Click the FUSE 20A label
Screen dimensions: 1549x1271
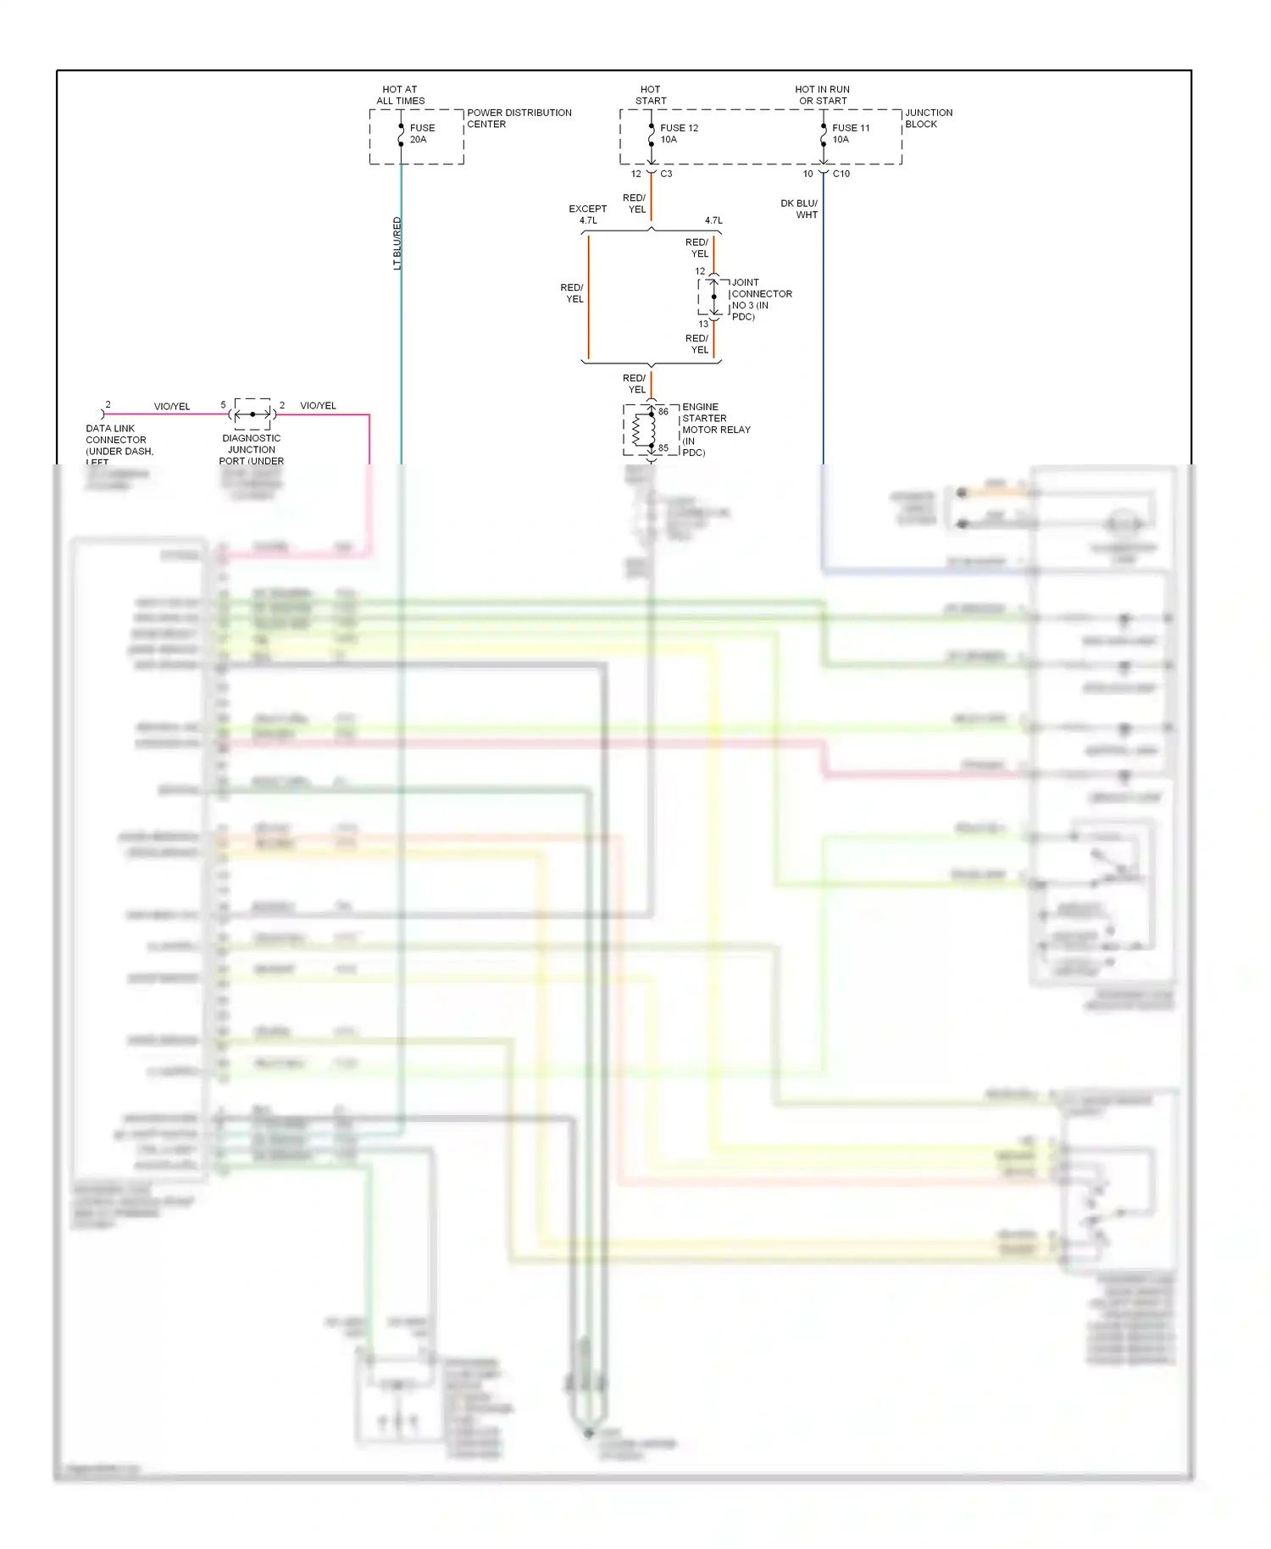click(422, 134)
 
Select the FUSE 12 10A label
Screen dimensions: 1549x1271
click(679, 134)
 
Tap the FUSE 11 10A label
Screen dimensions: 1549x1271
click(851, 134)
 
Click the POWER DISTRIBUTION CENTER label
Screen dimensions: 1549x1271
click(519, 119)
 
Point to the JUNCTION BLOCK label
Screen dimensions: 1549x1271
click(928, 119)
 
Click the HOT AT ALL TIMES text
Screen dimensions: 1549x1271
click(400, 95)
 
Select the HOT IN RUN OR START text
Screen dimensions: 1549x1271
click(822, 95)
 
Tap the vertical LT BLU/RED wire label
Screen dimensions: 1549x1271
click(397, 243)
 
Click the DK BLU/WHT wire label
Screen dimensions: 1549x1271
click(799, 209)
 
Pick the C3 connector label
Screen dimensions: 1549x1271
click(666, 174)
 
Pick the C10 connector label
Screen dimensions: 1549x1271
click(841, 174)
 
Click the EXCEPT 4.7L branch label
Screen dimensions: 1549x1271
click(587, 214)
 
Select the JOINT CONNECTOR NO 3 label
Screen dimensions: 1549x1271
click(761, 300)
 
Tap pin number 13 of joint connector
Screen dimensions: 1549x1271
click(703, 324)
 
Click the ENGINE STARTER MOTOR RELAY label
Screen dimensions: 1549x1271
click(716, 430)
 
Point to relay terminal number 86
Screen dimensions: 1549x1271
click(663, 412)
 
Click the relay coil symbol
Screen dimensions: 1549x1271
click(641, 430)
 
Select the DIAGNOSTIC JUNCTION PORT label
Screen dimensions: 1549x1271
click(251, 450)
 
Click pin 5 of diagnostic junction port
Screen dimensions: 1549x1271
click(223, 405)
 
